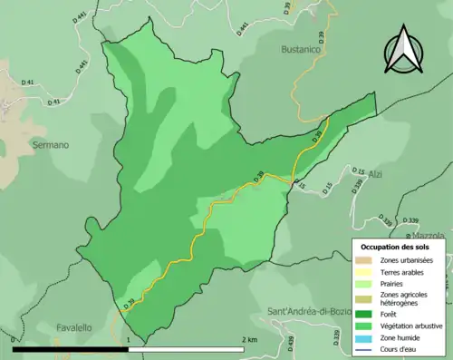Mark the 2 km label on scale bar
tap(248, 339)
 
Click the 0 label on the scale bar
tap(14, 339)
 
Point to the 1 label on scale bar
tap(130, 339)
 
